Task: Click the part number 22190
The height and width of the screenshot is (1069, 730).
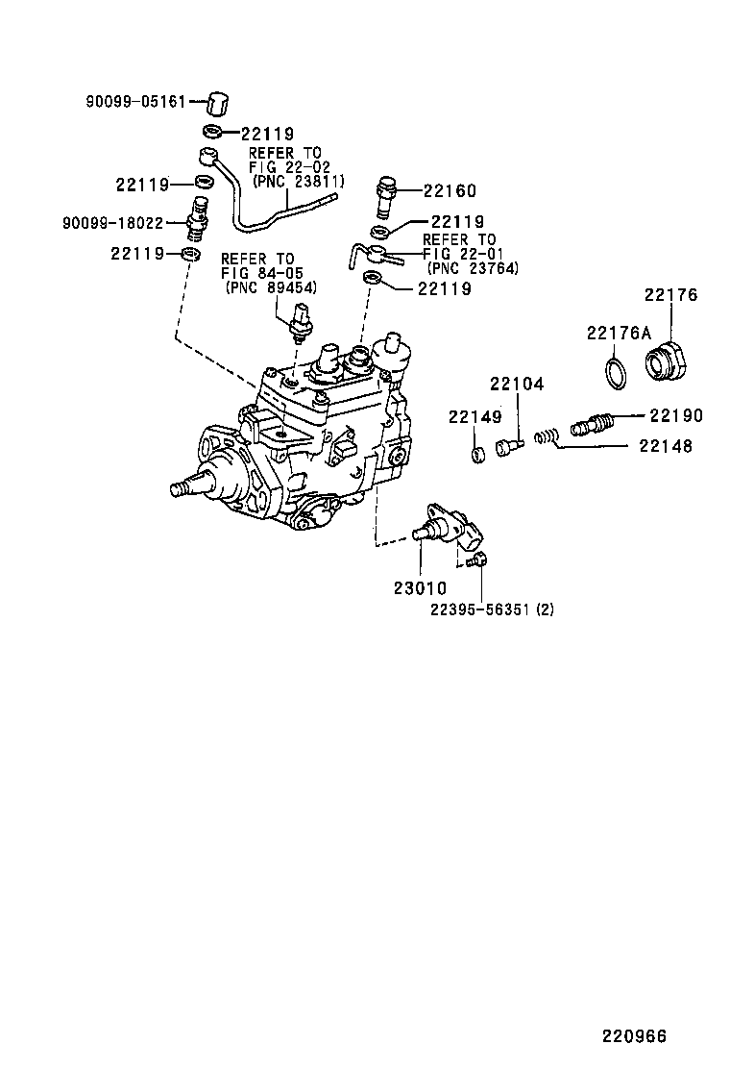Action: (676, 415)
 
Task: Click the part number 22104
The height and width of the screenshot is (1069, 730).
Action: (517, 385)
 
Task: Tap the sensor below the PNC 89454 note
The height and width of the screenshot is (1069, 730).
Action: (301, 320)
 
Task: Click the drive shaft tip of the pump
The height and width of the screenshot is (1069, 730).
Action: (179, 489)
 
